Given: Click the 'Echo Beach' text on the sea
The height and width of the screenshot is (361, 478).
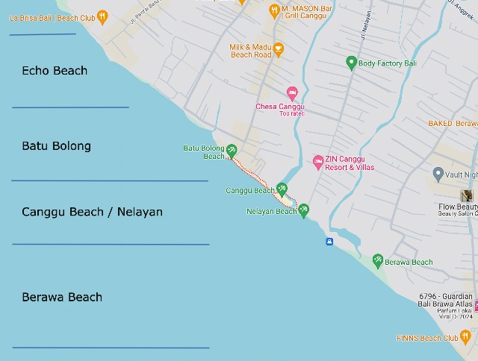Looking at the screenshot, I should click(55, 71).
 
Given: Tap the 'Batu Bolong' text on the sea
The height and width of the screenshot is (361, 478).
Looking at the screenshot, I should click(56, 146).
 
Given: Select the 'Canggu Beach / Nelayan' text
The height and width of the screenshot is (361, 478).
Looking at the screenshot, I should click(92, 212).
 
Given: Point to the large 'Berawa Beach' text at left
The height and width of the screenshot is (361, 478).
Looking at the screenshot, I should click(62, 297).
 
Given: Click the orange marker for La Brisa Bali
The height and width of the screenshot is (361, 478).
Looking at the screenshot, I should click(102, 16).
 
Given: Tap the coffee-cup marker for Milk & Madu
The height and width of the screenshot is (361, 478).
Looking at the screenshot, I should click(279, 50).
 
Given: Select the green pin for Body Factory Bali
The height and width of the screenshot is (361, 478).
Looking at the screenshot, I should click(351, 63).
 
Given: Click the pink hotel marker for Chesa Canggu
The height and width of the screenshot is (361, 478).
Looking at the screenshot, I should click(292, 92).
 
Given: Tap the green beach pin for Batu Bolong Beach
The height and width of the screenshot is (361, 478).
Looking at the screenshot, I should click(232, 150).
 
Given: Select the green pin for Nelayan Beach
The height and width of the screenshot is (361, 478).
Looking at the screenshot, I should click(303, 210).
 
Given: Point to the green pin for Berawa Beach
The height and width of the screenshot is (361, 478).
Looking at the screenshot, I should click(378, 260).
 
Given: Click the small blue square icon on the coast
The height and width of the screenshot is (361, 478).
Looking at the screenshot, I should click(329, 241).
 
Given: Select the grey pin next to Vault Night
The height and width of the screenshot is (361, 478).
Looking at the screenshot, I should click(438, 174).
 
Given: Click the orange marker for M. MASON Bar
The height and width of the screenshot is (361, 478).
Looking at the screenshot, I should click(274, 9).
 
